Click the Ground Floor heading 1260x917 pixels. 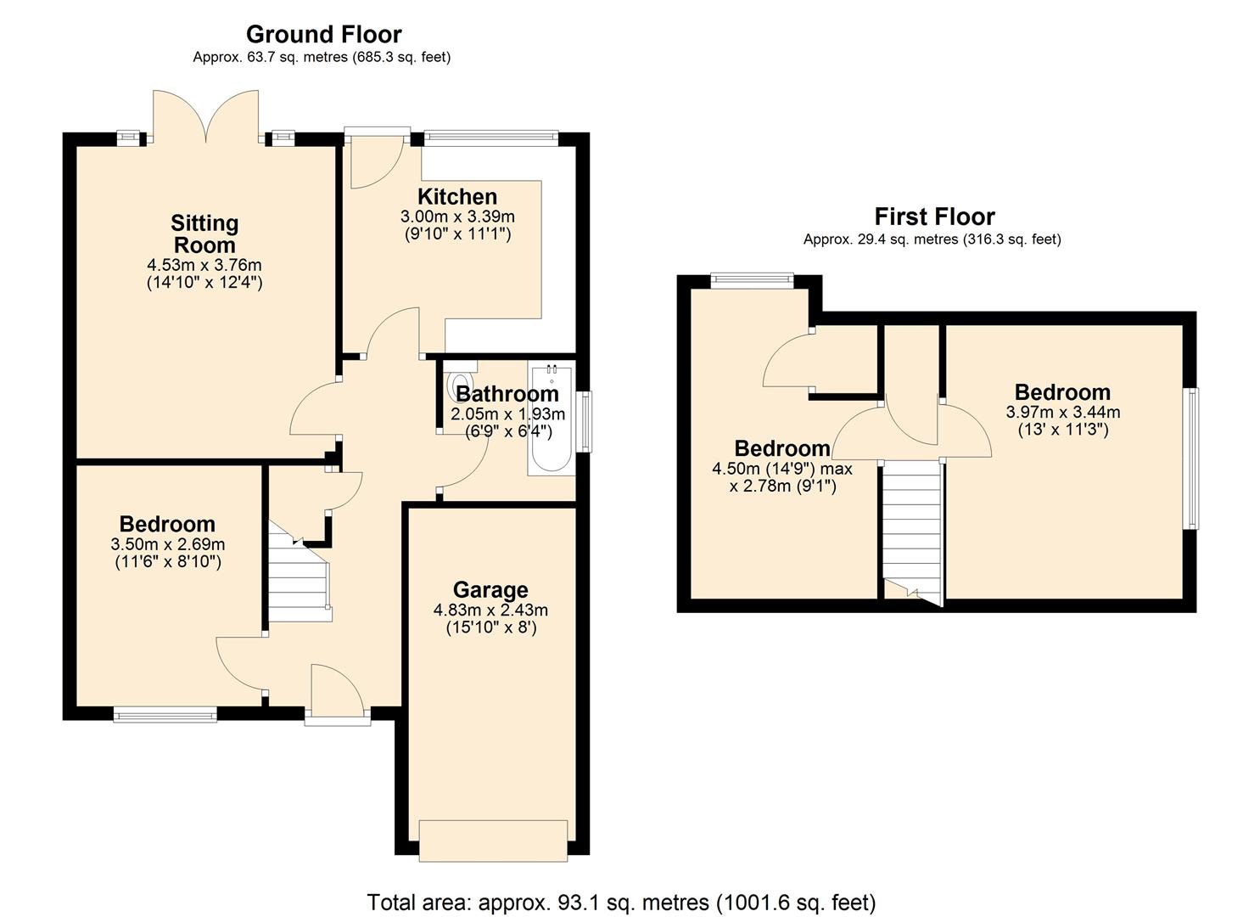323,34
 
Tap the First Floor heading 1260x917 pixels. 934,217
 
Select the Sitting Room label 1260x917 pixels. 204,234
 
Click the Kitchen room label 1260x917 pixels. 457,197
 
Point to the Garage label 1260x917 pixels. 490,589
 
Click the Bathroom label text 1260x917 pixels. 507,394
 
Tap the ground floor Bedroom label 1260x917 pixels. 167,524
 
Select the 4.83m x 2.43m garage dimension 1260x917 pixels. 490,610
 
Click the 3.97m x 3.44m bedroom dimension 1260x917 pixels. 1063,413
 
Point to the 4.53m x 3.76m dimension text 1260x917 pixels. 204,265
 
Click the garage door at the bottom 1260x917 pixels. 493,841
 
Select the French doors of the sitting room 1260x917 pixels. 204,116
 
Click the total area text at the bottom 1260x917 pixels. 621,902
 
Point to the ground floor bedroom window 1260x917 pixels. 165,715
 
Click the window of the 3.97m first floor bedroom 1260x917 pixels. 1192,458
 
